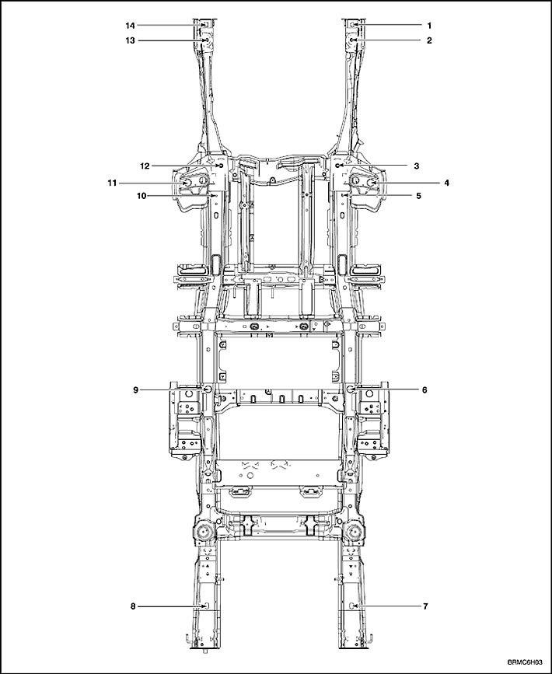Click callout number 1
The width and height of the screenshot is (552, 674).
click(x=429, y=26)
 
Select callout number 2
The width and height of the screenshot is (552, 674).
click(x=429, y=41)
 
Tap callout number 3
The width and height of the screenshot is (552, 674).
click(x=416, y=166)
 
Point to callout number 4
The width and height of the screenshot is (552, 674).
click(x=447, y=183)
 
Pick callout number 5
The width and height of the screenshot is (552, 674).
click(x=419, y=196)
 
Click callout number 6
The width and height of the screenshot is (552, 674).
click(x=424, y=390)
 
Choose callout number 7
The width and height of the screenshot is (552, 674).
click(x=425, y=606)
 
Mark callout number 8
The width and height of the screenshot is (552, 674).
click(x=133, y=606)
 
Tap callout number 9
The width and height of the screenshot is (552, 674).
click(x=135, y=390)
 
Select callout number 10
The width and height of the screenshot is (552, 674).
click(x=141, y=196)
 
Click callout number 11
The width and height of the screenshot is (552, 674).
click(x=112, y=183)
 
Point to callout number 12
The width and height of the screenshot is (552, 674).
click(x=145, y=166)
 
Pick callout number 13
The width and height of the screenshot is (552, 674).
click(x=131, y=41)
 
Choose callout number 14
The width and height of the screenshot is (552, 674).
click(x=131, y=26)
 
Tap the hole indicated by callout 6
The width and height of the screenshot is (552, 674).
click(x=351, y=389)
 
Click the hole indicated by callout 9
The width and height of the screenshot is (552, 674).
click(x=208, y=389)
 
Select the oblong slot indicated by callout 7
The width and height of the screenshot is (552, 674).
click(x=352, y=606)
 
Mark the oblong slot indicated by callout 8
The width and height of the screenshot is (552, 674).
click(x=206, y=606)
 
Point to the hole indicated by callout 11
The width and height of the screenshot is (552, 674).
click(x=187, y=182)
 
